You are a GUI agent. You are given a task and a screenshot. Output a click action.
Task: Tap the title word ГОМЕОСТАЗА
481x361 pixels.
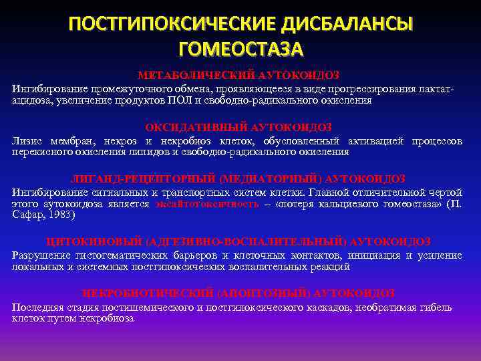(240, 49)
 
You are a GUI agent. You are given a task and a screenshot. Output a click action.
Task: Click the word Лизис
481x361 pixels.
(26, 141)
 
